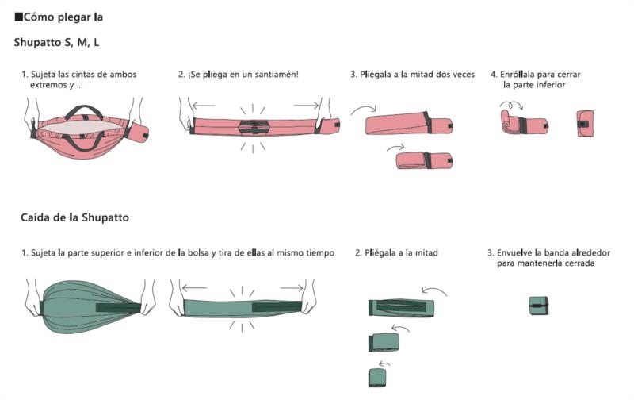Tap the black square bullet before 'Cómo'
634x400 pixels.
pyautogui.click(x=18, y=17)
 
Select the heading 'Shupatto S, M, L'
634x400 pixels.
pyautogui.click(x=56, y=43)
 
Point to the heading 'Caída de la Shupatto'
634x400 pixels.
pyautogui.click(x=74, y=217)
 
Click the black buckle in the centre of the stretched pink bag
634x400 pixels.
pyautogui.click(x=253, y=126)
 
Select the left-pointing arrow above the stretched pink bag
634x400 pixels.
pyautogui.click(x=204, y=106)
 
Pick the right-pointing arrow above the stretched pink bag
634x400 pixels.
pyautogui.click(x=307, y=106)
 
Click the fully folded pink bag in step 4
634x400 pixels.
pyautogui.click(x=585, y=124)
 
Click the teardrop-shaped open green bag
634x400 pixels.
pyautogui.click(x=89, y=306)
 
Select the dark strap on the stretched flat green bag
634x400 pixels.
pyautogui.click(x=277, y=306)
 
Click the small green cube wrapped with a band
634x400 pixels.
pyautogui.click(x=539, y=306)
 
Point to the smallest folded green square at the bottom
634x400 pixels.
pyautogui.click(x=377, y=377)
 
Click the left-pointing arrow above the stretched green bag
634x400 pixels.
pyautogui.click(x=195, y=288)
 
